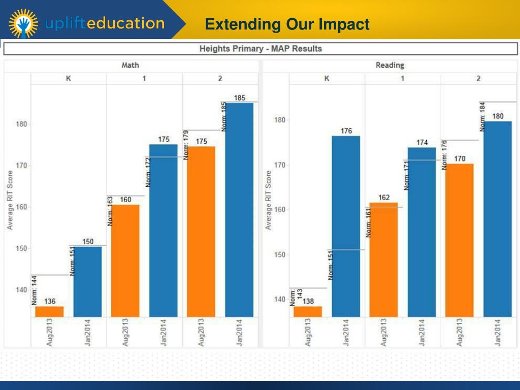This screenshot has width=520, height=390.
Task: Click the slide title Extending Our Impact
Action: click(x=287, y=24)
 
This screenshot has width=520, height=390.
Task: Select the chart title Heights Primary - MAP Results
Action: click(x=260, y=49)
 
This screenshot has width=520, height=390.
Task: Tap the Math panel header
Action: click(x=130, y=65)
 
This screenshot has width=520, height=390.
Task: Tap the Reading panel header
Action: click(x=389, y=65)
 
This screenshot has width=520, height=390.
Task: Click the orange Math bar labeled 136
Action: click(x=50, y=311)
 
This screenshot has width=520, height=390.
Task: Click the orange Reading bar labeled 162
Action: click(x=383, y=259)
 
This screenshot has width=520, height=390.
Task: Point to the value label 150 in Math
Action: click(x=88, y=242)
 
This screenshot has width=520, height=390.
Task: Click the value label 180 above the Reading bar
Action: click(x=498, y=116)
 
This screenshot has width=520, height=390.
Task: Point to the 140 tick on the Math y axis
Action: click(x=22, y=290)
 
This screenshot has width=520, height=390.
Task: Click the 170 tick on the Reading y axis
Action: click(x=280, y=165)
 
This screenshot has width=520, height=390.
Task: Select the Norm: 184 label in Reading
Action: click(x=483, y=117)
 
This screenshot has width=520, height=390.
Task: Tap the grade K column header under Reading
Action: click(x=327, y=79)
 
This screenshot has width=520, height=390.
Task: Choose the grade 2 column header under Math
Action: click(x=220, y=79)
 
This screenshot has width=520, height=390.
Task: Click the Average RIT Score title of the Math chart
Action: click(x=10, y=200)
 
